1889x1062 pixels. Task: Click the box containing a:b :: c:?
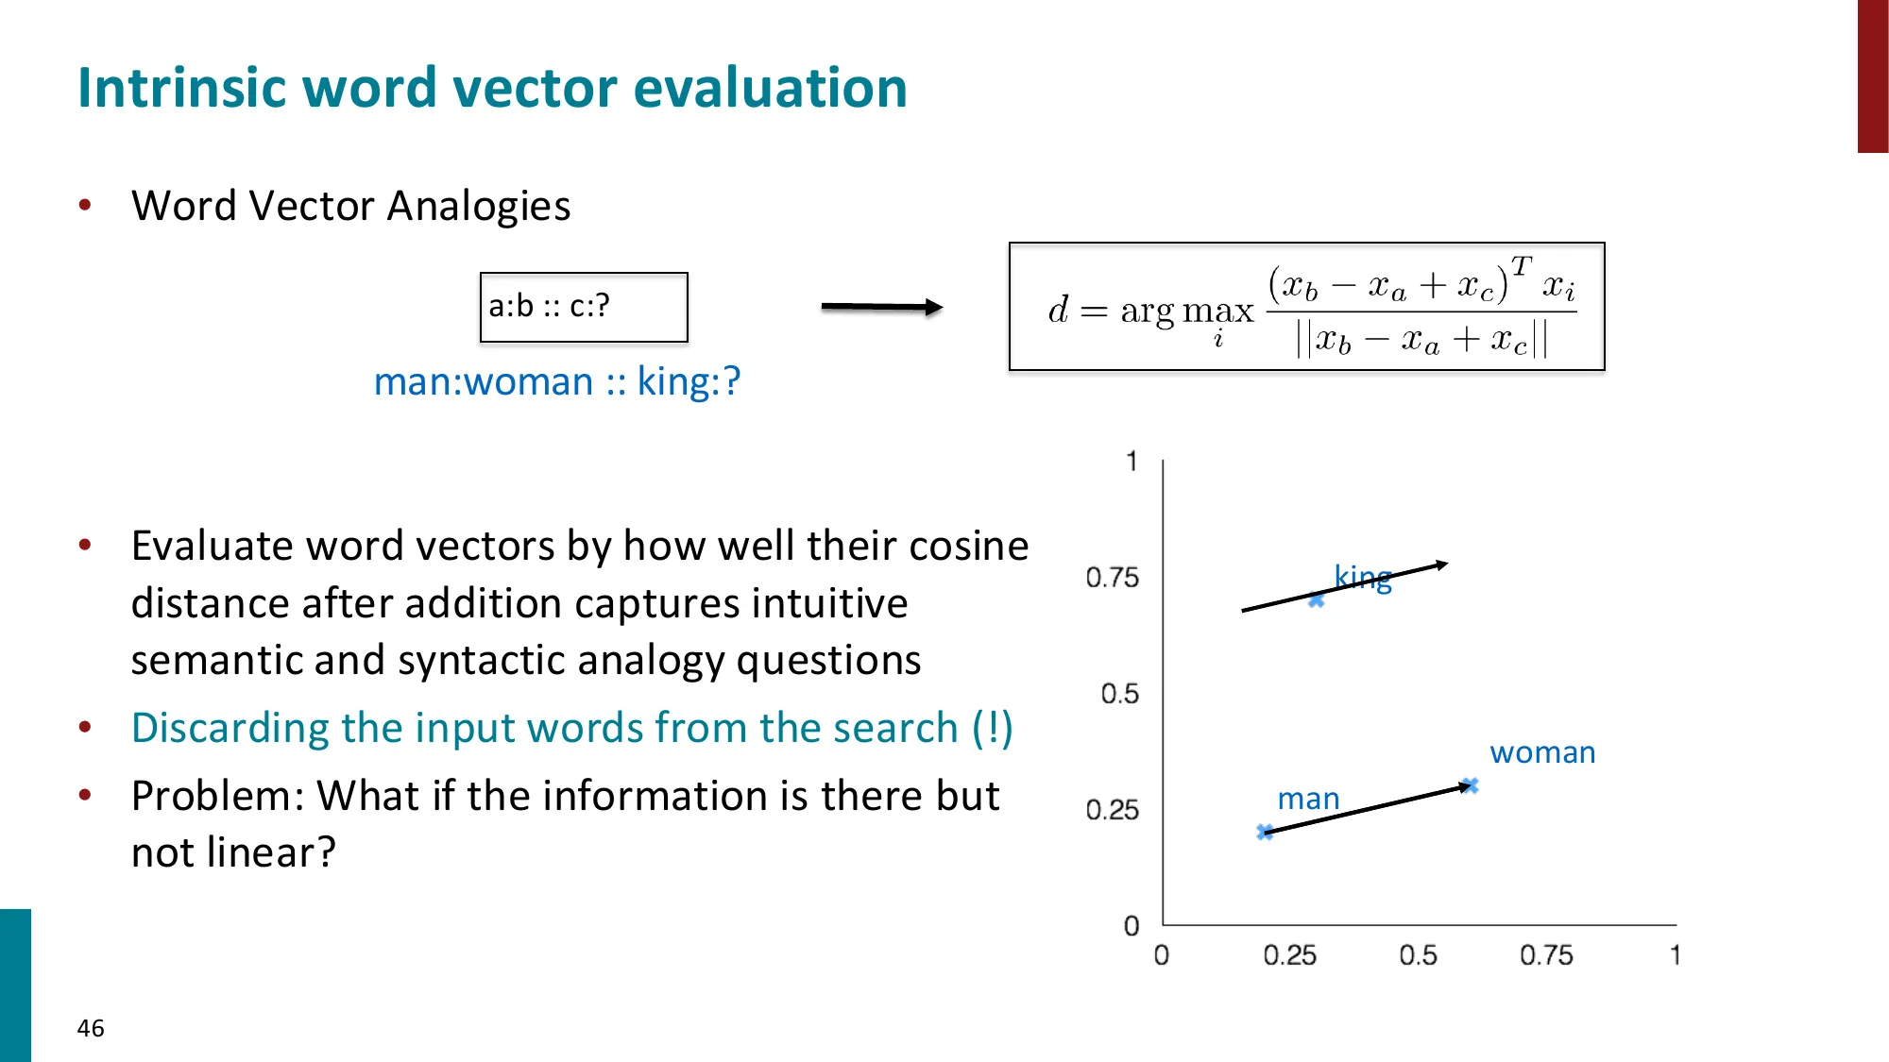(584, 307)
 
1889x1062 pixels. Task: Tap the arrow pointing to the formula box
(881, 307)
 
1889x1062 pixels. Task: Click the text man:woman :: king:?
(556, 381)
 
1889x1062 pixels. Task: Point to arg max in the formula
(1186, 311)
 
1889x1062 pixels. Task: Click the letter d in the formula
(1058, 310)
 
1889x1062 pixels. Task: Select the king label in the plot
(1362, 577)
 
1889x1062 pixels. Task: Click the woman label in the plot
(1542, 752)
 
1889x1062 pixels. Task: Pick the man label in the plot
(1308, 799)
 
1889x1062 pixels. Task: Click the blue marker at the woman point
(1469, 785)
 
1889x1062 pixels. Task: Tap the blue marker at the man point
(1265, 832)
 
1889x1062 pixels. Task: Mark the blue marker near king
(1316, 599)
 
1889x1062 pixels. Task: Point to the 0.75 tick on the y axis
(1112, 577)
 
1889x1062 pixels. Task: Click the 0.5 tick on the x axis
(1418, 955)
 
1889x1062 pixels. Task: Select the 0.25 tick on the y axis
(1112, 810)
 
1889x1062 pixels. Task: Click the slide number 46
(91, 1028)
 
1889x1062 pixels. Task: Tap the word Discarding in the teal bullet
(230, 728)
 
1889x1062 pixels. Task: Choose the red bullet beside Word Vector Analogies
(85, 205)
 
